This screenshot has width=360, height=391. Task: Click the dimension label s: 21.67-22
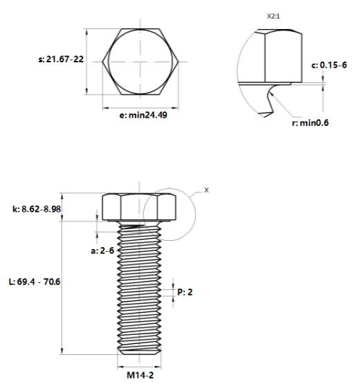61,60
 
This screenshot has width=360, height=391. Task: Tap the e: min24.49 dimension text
143,115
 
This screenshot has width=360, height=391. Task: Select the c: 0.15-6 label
329,65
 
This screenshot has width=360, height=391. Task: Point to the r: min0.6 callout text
310,122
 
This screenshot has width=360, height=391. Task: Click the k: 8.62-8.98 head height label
37,209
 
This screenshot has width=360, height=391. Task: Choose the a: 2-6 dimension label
102,251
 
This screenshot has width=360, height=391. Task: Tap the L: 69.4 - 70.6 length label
35,282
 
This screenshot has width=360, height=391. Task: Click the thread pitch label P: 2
185,292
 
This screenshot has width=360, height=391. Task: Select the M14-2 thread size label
141,375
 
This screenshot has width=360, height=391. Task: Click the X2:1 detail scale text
273,17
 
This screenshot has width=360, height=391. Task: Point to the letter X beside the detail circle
206,190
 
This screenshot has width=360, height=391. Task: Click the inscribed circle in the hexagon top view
109,62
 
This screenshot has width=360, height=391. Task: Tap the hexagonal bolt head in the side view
139,207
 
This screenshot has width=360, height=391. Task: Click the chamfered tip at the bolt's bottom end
139,352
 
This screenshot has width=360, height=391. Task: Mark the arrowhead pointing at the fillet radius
271,93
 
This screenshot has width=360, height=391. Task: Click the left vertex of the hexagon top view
102,62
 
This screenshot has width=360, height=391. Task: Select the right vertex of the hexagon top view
179,62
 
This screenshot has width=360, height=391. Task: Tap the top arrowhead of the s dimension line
87,32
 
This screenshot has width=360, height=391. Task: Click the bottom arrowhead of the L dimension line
62,351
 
